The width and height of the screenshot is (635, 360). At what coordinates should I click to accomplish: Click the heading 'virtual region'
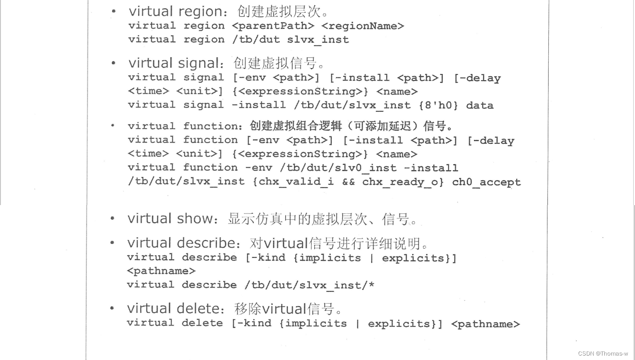coord(176,11)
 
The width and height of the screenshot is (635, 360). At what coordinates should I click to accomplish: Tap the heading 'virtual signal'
coord(173,63)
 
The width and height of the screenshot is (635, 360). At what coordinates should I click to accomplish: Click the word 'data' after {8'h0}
coord(480,105)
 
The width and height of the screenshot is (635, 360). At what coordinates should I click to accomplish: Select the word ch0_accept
coord(486,182)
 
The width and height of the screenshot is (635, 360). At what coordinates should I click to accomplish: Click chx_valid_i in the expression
coord(296,182)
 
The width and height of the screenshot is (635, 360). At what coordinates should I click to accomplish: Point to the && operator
coord(348,182)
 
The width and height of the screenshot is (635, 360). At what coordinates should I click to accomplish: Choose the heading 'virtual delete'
coord(173,309)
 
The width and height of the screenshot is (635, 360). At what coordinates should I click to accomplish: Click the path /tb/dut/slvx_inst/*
coord(309,285)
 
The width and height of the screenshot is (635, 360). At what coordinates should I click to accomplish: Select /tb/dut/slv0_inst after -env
coord(338,168)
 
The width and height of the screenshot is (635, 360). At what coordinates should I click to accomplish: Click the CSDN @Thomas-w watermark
coord(603,353)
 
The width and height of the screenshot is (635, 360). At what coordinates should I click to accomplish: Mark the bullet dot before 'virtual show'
coord(113,219)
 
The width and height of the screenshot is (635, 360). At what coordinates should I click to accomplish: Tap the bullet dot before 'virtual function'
coord(113,126)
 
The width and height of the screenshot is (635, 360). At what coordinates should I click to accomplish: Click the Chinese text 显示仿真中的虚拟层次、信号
coord(322,219)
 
